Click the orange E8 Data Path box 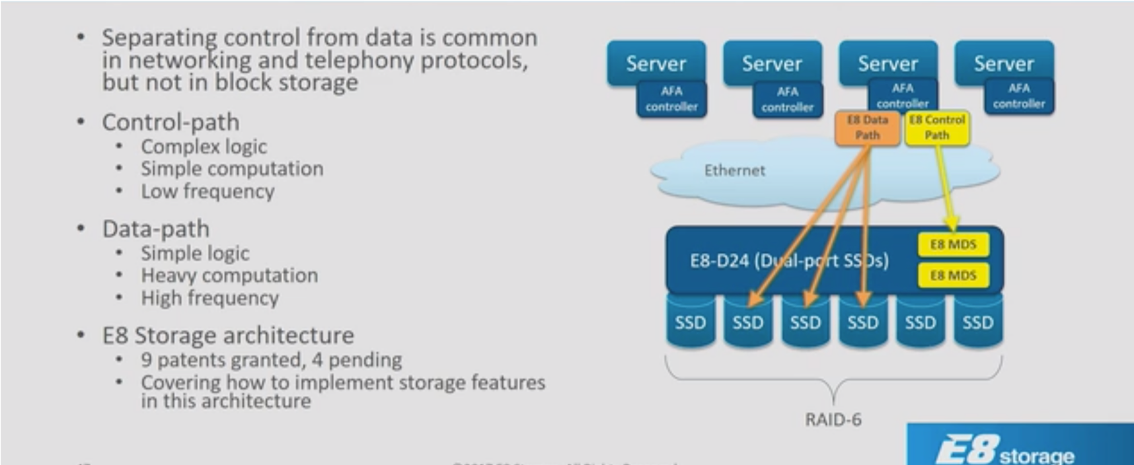coord(867,127)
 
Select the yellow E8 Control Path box coord(936,127)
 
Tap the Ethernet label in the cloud coord(734,170)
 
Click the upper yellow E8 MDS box coord(953,244)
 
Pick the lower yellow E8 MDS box coord(953,275)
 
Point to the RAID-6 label coord(833,419)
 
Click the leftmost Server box coord(656,63)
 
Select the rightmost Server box coord(1003,63)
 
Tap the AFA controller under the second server coord(787,100)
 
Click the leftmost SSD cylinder coord(690,322)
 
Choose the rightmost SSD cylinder coord(977,322)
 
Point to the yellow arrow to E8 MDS coord(946,192)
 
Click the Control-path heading coord(170,122)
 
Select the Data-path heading coord(155,229)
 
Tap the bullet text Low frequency coord(208,192)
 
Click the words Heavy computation coord(229,275)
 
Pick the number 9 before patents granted coord(146,360)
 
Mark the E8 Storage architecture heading coord(228,336)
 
